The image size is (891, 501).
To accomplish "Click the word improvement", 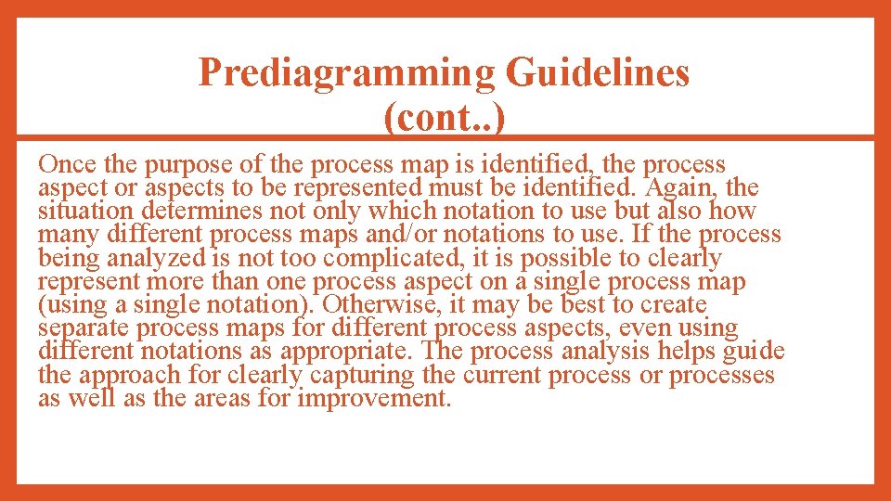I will click(372, 399).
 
